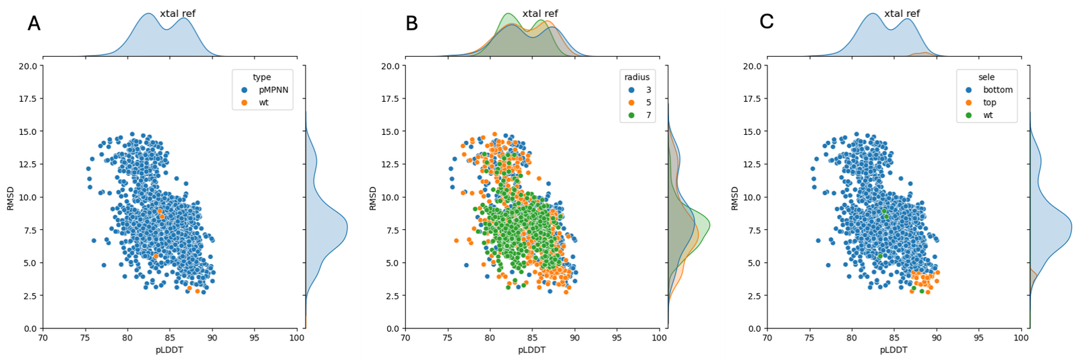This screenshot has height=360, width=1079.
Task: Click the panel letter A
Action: [34, 24]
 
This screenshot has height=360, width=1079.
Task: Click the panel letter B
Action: [411, 24]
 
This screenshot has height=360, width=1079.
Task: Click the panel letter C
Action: [766, 22]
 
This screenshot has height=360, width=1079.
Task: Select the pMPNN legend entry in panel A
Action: [273, 90]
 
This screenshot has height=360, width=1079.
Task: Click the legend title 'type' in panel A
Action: [262, 77]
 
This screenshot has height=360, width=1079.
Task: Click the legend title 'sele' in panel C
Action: [987, 77]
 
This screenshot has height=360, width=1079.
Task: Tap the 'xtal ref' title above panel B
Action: [540, 13]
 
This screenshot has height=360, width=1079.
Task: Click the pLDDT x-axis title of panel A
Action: [169, 350]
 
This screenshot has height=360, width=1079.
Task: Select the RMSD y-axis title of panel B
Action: [373, 198]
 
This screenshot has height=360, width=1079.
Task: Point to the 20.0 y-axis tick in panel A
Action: [28, 66]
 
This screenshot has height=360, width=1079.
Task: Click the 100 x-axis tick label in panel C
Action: [1022, 338]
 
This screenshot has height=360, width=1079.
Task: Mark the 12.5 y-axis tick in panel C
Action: [752, 164]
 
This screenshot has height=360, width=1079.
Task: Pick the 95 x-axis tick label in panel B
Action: [617, 338]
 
